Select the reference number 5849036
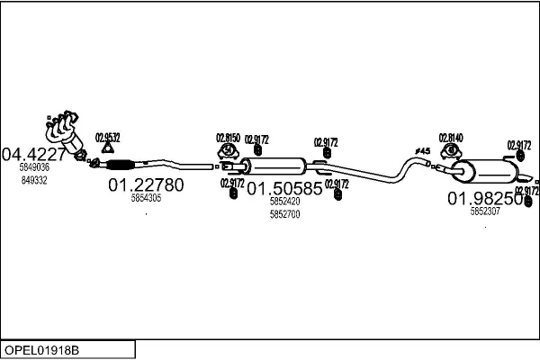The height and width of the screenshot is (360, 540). click(34, 167)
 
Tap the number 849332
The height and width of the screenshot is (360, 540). click(34, 180)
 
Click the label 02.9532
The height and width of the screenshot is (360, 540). click(107, 137)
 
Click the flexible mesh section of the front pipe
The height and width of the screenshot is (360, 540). click(120, 164)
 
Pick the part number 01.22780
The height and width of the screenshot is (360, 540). click(146, 185)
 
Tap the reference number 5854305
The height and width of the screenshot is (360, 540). click(146, 198)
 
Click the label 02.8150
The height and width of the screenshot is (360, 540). click(228, 138)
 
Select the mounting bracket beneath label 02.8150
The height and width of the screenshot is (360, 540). click(228, 152)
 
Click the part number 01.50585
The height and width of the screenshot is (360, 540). click(284, 189)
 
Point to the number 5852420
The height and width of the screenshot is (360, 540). click(284, 202)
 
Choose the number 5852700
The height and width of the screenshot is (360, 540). click(284, 214)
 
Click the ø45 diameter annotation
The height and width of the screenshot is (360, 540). click(423, 149)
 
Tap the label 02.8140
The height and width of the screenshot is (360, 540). click(450, 138)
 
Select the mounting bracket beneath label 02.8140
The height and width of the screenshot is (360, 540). click(449, 152)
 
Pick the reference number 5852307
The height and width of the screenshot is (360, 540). click(485, 212)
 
